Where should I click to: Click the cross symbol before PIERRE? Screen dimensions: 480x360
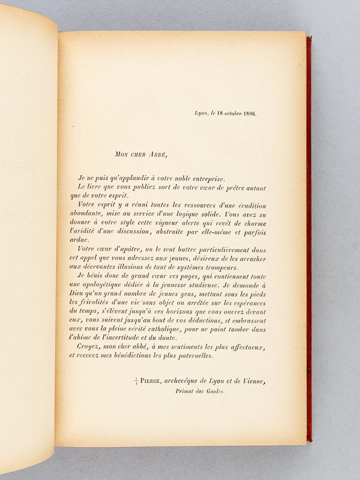(137, 382)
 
